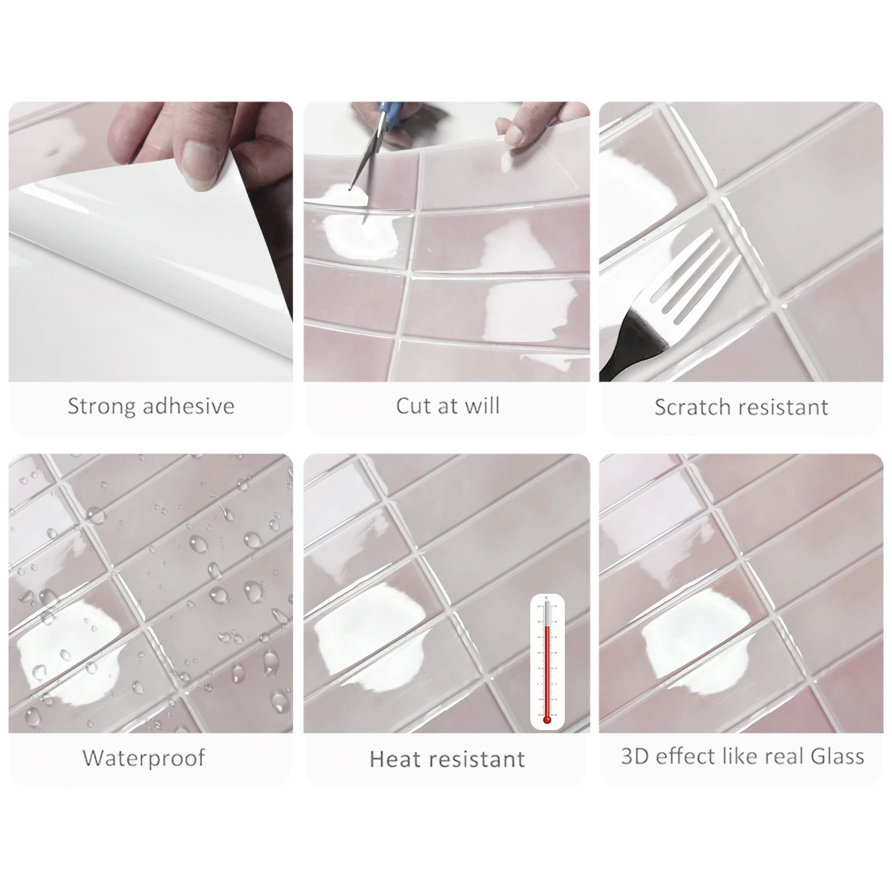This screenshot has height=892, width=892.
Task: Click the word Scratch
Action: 694,407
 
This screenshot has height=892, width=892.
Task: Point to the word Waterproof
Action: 144,758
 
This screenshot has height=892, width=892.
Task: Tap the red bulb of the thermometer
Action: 546,719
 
